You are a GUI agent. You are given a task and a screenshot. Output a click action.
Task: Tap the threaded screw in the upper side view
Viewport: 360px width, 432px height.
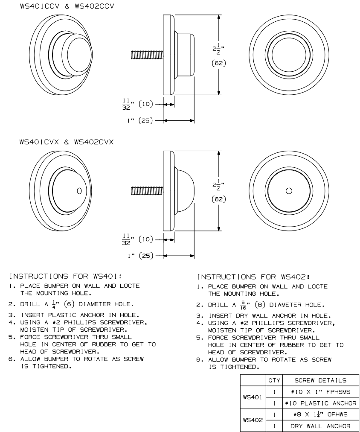[x=146, y=55]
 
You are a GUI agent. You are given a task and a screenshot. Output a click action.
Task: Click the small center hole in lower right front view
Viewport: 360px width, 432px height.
[x=288, y=190]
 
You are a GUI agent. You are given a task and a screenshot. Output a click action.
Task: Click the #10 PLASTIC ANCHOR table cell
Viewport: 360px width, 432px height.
[x=317, y=403]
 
